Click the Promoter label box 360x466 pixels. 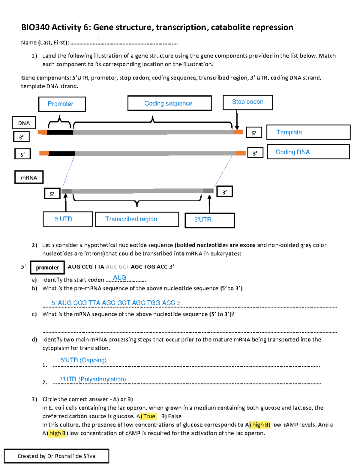(62, 104)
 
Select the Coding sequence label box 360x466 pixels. (169, 104)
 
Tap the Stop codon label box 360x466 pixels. (247, 102)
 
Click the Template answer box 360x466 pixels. (308, 132)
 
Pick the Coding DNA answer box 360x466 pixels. (308, 152)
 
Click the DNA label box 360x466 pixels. (24, 123)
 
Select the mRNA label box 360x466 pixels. (29, 177)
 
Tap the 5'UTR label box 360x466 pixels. (67, 219)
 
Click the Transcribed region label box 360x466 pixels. (137, 219)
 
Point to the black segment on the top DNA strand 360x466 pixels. (60, 132)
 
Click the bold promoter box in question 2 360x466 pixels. (47, 267)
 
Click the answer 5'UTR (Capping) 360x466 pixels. (83, 360)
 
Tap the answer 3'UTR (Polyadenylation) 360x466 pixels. (92, 379)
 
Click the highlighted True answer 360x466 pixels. (149, 416)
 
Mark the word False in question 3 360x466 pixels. (175, 416)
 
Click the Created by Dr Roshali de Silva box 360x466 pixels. (56, 456)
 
